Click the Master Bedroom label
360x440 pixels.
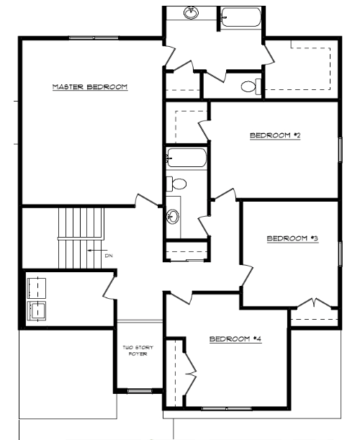tap(90, 86)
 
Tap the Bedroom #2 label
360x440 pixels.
tap(275, 135)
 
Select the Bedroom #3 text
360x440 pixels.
tap(292, 238)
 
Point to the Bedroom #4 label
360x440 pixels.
tap(235, 339)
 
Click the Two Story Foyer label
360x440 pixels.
tap(138, 351)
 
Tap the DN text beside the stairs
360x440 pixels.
tap(109, 256)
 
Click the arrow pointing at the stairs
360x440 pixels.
tap(97, 251)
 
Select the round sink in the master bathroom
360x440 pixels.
tap(192, 13)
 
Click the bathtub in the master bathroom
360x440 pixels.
tap(240, 17)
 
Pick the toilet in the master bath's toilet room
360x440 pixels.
tap(251, 86)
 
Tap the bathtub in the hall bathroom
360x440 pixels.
tap(186, 158)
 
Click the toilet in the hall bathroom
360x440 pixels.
tap(176, 184)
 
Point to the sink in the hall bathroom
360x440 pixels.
tap(173, 217)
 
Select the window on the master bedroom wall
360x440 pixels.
tap(94, 38)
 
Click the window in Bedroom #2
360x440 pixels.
tap(340, 150)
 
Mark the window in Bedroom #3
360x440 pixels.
tap(340, 254)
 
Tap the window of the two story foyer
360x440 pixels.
tap(140, 390)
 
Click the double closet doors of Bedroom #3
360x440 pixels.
tap(314, 303)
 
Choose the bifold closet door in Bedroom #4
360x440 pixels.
tap(190, 373)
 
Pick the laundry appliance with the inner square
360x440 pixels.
tap(37, 310)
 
